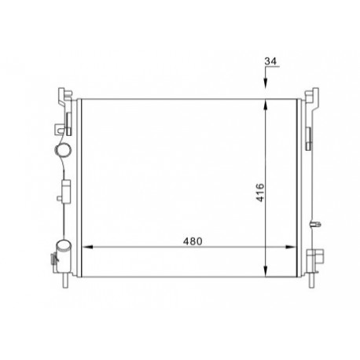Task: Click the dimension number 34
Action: (x=270, y=61)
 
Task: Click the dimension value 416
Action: (x=260, y=193)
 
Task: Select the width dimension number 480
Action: (x=193, y=241)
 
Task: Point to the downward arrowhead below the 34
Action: (x=266, y=84)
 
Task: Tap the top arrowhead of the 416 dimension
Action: (x=266, y=105)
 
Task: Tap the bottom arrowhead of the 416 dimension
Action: (x=266, y=271)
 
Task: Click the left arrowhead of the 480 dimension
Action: (x=88, y=247)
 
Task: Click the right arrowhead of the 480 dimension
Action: (x=291, y=247)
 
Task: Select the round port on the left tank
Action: (x=63, y=150)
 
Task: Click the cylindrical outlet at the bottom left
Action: (x=64, y=255)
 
